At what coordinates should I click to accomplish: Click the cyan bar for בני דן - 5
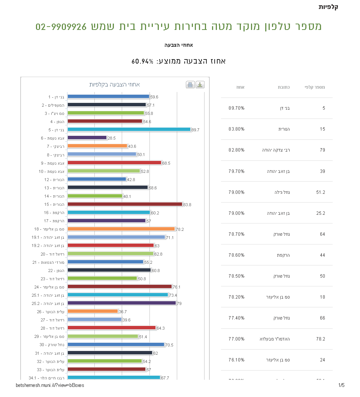[129, 129]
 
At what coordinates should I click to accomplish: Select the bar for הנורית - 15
[124, 204]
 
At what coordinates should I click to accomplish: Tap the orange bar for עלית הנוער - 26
[93, 311]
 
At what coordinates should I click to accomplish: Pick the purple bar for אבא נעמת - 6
[87, 138]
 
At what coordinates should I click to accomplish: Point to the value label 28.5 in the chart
[112, 138]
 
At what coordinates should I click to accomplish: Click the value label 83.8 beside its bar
[187, 205]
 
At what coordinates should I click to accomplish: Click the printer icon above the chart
[190, 85]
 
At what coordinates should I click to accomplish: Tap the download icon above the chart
[200, 85]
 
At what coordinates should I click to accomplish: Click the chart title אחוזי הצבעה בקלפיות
[115, 85]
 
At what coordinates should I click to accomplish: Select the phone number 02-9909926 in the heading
[61, 27]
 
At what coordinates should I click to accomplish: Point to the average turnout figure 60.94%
[143, 61]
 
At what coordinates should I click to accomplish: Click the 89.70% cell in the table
[236, 108]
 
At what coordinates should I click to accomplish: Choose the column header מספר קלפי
[315, 88]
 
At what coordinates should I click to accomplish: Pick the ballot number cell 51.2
[321, 192]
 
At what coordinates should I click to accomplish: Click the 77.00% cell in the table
[236, 339]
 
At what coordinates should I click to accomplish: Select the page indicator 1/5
[341, 385]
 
